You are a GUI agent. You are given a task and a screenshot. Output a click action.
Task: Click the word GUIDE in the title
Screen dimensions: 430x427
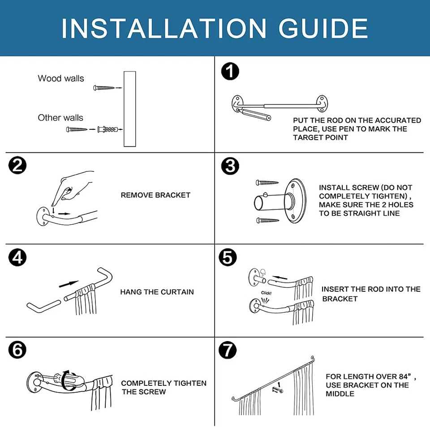click(323, 28)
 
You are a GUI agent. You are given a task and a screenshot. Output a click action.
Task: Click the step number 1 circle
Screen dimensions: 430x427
click(230, 72)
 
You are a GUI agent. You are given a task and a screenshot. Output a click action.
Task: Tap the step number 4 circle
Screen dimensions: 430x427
click(17, 257)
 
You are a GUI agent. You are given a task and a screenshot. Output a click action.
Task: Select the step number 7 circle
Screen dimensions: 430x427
click(228, 350)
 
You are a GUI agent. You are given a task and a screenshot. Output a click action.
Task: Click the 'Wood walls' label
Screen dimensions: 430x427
click(61, 78)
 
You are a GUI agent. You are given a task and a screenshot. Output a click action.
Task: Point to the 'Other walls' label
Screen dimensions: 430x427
click(60, 118)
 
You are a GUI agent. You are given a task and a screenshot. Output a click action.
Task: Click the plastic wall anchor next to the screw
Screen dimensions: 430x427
click(107, 129)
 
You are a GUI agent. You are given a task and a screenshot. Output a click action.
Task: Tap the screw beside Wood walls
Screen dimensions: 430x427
click(103, 88)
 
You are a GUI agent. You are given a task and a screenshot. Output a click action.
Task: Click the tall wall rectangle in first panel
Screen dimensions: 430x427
click(130, 109)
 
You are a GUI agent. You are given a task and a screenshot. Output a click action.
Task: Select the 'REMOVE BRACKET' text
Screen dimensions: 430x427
click(155, 195)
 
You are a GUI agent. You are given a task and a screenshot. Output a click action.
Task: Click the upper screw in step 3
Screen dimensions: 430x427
click(267, 182)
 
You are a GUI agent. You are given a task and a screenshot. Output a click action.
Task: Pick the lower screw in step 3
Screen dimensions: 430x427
click(268, 220)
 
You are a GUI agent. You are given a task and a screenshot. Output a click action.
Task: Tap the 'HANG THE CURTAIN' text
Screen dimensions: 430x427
click(157, 292)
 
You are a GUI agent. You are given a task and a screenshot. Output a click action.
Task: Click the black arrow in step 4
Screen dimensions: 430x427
click(69, 284)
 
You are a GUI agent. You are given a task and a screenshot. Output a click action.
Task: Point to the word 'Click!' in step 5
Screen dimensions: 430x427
click(266, 293)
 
